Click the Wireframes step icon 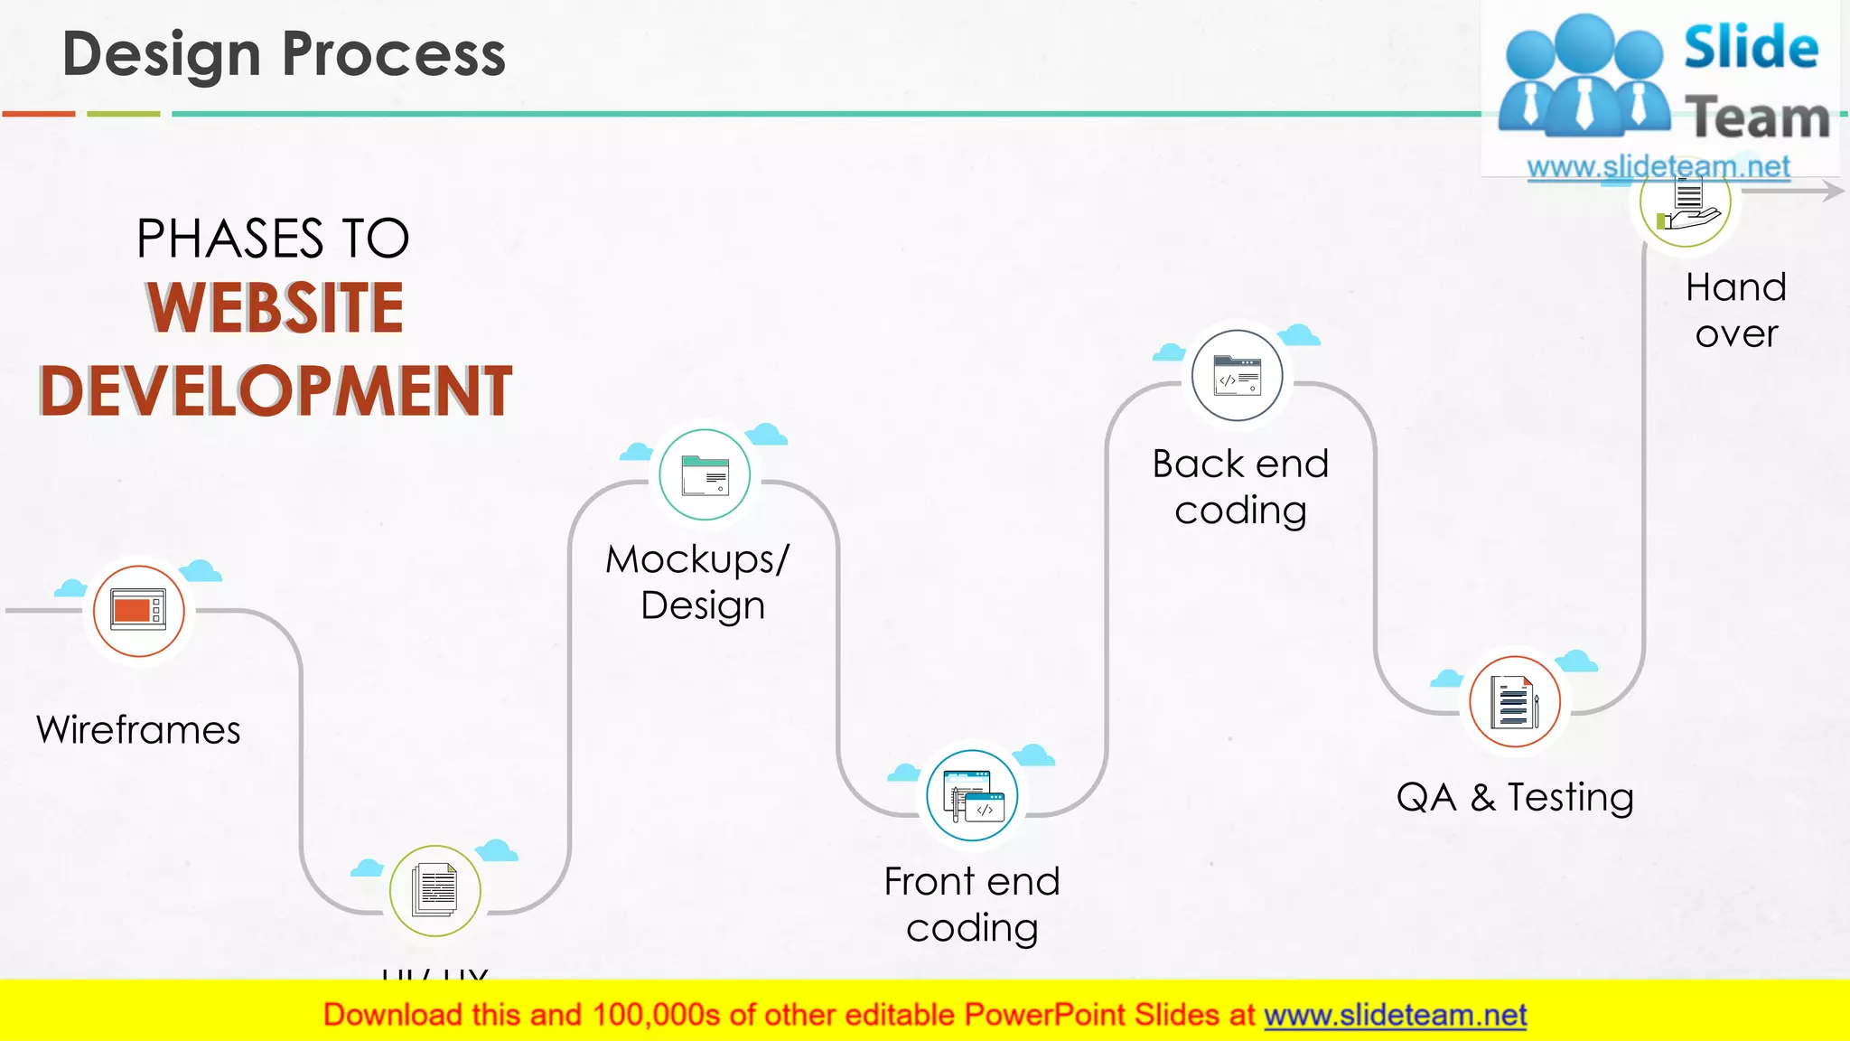(x=138, y=611)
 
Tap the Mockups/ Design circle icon (x=704, y=474)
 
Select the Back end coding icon (x=1237, y=376)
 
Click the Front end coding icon (x=972, y=795)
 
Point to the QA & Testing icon (x=1514, y=702)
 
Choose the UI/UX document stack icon (x=434, y=890)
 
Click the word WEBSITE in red (x=276, y=307)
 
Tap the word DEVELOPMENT (x=276, y=391)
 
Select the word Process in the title (x=394, y=54)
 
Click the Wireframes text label (x=138, y=730)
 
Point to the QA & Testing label (x=1515, y=798)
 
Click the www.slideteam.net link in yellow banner (x=1395, y=1016)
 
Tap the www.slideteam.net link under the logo (x=1658, y=167)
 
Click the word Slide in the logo (x=1750, y=48)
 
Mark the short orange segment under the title (x=39, y=114)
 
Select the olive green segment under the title (x=124, y=114)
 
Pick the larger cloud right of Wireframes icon (x=200, y=571)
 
